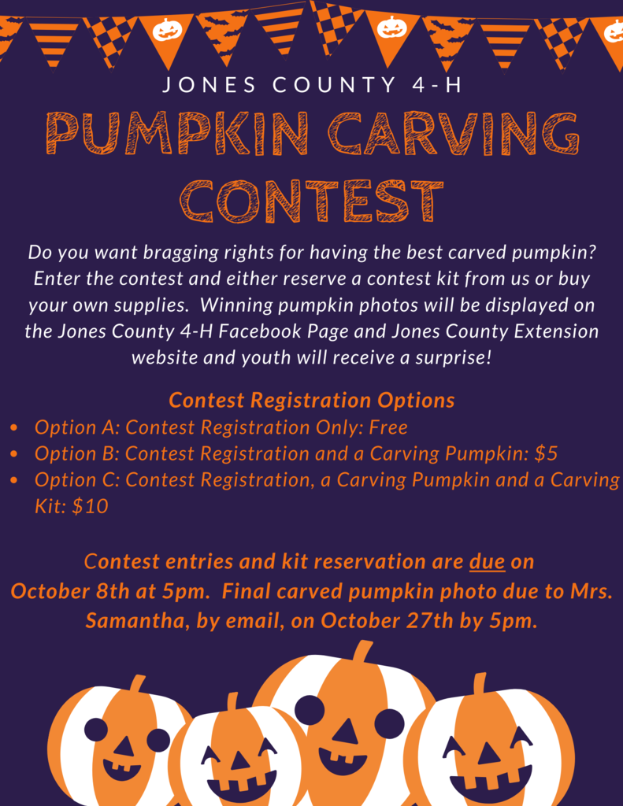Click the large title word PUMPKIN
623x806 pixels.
(x=177, y=133)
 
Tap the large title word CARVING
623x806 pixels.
(x=454, y=133)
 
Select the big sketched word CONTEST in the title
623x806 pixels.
(x=311, y=201)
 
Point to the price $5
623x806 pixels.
(x=546, y=453)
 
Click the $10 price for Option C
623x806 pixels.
(x=90, y=506)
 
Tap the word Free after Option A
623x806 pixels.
(x=388, y=427)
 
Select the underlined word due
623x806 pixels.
(x=487, y=561)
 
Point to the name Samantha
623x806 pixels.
(x=134, y=621)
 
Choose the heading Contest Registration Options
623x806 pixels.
(x=312, y=401)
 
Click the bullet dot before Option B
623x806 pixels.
(x=14, y=454)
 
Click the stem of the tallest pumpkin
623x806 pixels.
(x=362, y=651)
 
